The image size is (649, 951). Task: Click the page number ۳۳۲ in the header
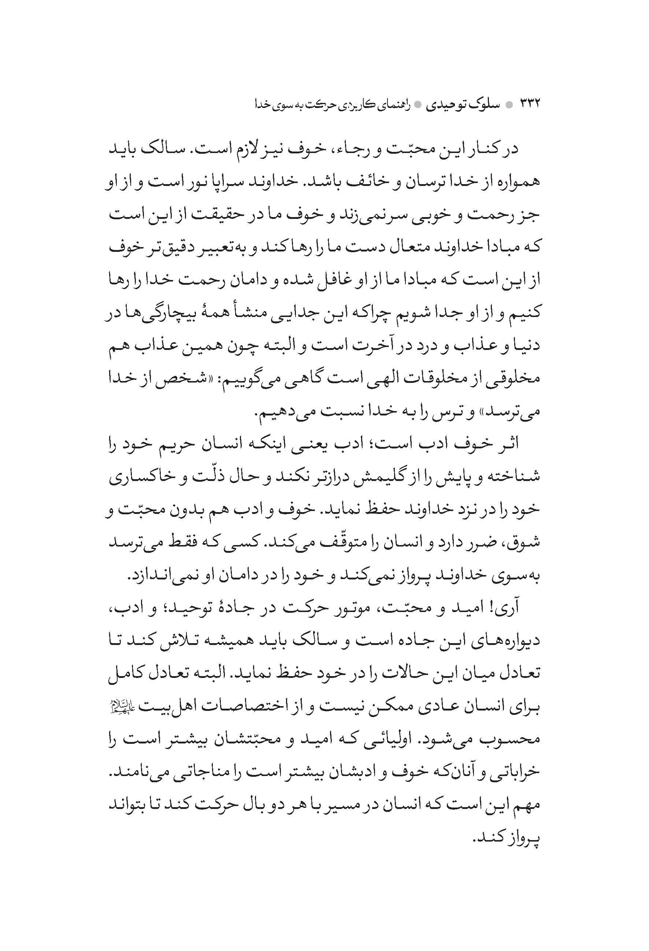[x=530, y=103]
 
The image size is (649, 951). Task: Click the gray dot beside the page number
[x=509, y=104]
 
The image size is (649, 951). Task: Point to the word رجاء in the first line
[x=343, y=148]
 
